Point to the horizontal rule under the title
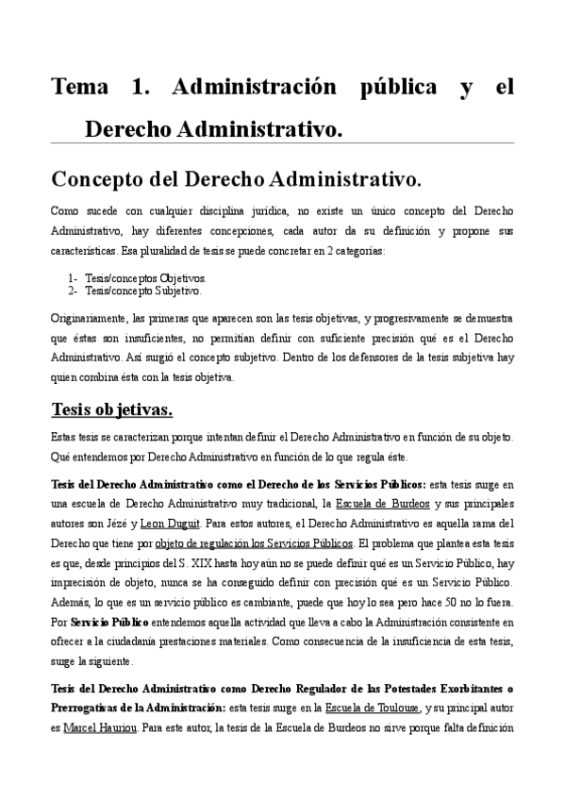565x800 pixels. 282,143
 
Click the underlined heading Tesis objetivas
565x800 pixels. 111,411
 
